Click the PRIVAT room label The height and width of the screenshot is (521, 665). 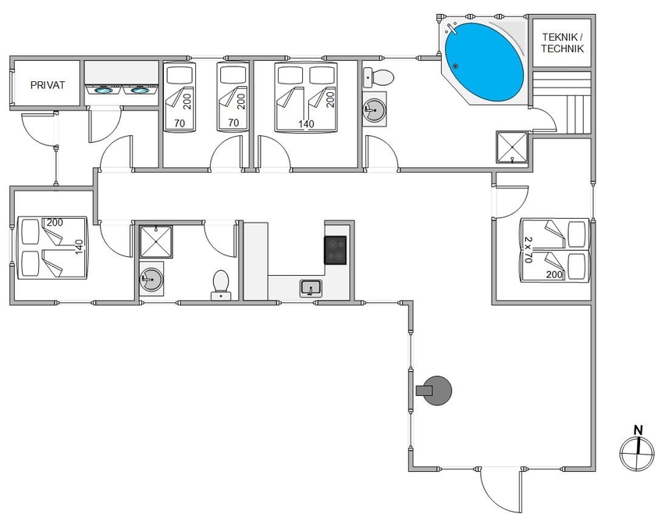click(x=48, y=85)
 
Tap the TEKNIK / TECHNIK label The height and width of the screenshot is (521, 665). click(x=563, y=43)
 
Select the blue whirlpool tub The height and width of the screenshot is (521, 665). click(x=484, y=62)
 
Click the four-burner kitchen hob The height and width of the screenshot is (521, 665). click(x=336, y=250)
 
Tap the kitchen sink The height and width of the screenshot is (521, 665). click(x=311, y=288)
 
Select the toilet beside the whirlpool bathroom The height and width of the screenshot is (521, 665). click(x=379, y=77)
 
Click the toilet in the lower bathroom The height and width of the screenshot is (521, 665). click(x=221, y=285)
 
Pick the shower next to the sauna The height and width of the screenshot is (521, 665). click(x=512, y=147)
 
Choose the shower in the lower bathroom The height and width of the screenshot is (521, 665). click(x=157, y=241)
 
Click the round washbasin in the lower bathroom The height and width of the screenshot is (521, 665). click(x=151, y=279)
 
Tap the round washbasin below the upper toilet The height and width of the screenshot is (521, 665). click(x=375, y=109)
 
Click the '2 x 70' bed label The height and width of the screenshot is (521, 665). click(x=528, y=249)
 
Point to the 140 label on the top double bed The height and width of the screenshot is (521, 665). click(x=306, y=124)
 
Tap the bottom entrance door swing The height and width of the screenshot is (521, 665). click(x=500, y=491)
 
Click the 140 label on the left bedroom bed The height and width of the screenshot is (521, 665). click(x=79, y=248)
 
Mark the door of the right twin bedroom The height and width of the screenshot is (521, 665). click(x=510, y=202)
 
